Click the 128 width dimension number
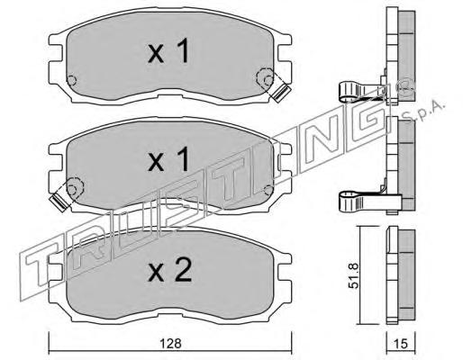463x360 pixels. [170, 344]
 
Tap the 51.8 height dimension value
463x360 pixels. [354, 275]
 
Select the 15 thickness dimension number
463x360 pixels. [400, 344]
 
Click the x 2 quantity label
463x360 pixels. [169, 270]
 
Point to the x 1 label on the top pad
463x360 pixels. [168, 51]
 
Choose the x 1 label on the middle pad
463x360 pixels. [168, 159]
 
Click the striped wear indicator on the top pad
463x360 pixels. [281, 92]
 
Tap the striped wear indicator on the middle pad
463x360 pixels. [59, 202]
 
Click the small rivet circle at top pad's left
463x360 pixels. [71, 80]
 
